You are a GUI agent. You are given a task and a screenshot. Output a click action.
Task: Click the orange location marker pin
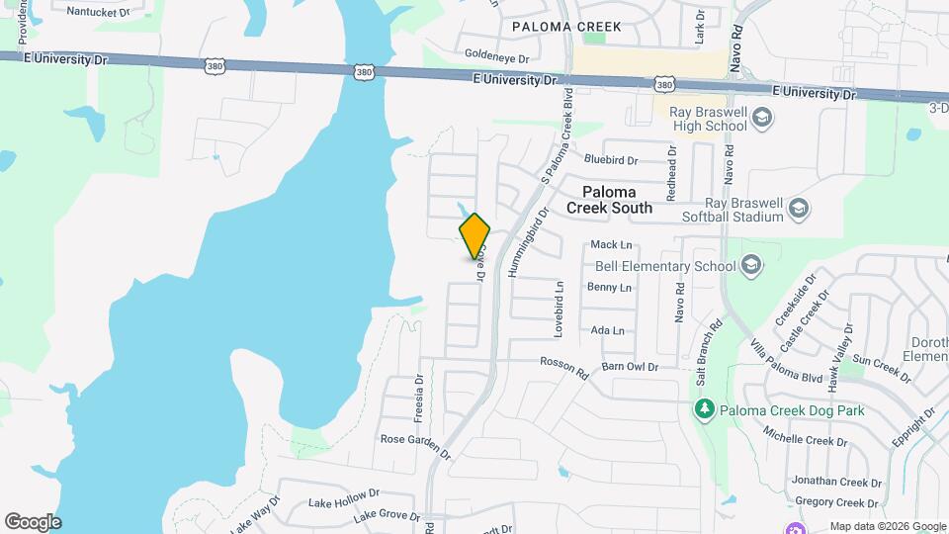pos(475,235)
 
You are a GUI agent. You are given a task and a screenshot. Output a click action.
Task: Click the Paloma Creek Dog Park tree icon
pos(704,409)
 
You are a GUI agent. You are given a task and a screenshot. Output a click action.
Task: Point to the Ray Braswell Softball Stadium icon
pos(799,209)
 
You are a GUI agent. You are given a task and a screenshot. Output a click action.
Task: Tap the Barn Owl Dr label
pos(630,367)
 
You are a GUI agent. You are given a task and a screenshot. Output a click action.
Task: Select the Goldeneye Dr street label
pos(497,58)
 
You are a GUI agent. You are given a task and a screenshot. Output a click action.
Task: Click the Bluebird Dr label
pos(611,158)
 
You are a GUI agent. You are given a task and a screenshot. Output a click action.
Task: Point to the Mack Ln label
pos(610,244)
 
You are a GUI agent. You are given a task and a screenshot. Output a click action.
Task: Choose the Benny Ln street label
pos(609,288)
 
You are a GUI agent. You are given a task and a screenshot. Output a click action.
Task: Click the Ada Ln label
pos(607,330)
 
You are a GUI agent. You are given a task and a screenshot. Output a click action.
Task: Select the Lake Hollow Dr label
pos(344,498)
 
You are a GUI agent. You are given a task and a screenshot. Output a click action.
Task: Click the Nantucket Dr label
pos(98,13)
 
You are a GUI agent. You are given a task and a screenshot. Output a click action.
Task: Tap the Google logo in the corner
pos(33,521)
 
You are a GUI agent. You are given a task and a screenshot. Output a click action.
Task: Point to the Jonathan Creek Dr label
pos(836,483)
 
